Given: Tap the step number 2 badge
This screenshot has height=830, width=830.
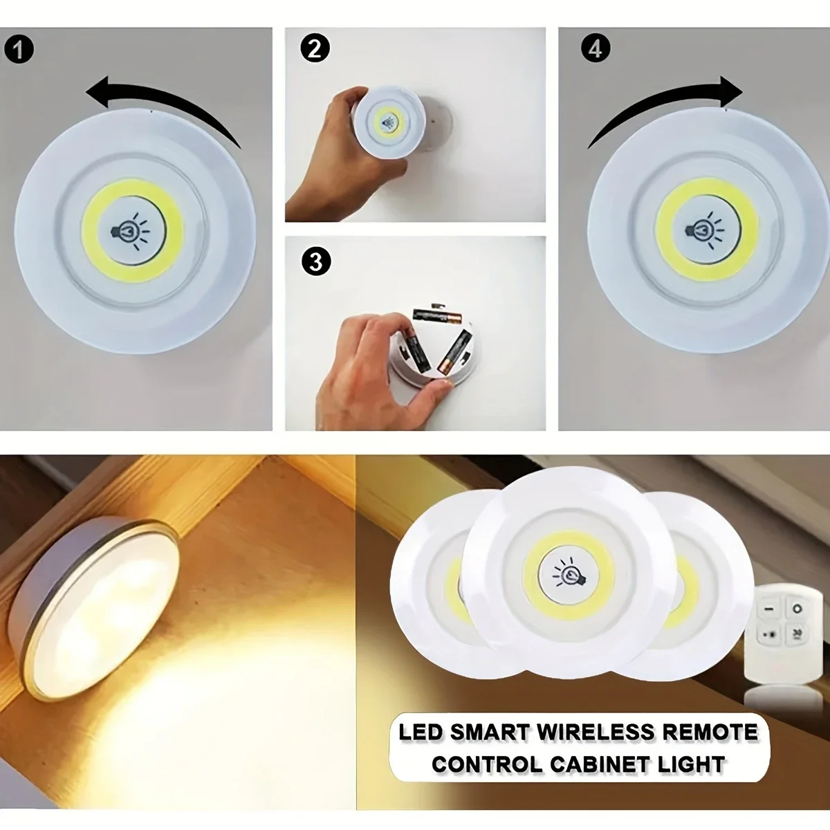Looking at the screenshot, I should pos(315,49).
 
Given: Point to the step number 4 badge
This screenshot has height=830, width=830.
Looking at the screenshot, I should pos(596,49).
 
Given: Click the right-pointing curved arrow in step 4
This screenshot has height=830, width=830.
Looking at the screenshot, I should pos(664,104).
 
